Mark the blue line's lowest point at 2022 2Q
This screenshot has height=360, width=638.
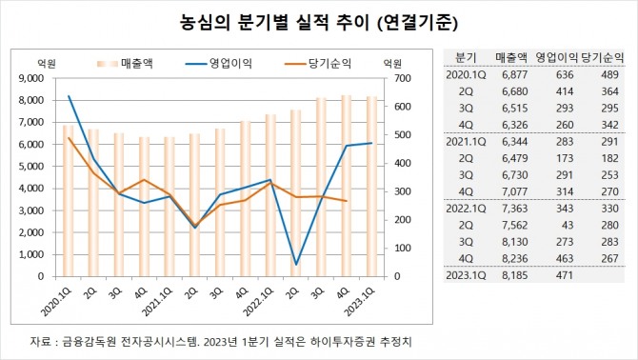(296, 264)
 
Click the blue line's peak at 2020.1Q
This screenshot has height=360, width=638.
(69, 96)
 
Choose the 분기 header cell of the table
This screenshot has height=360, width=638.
(467, 56)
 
